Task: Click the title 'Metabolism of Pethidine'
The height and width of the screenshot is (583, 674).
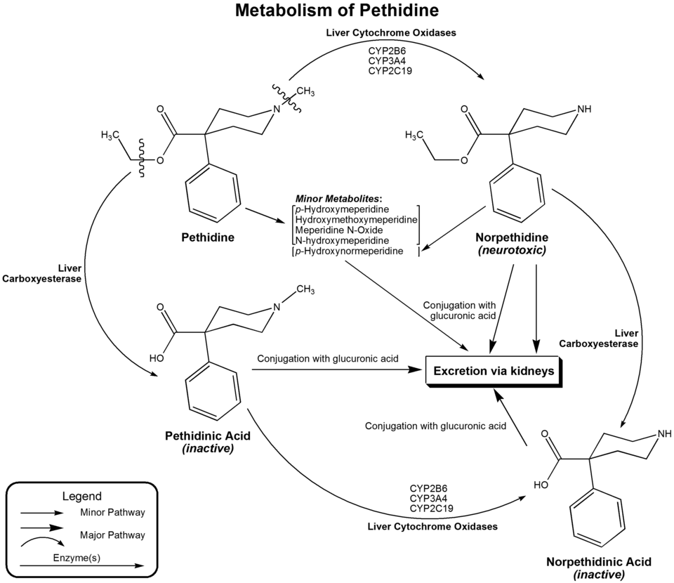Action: point(337,11)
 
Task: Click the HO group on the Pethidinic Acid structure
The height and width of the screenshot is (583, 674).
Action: point(157,357)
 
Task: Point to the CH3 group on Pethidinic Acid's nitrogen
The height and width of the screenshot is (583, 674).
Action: point(303,289)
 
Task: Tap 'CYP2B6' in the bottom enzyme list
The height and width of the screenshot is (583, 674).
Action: point(429,487)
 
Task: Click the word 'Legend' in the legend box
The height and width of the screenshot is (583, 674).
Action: point(82,496)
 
